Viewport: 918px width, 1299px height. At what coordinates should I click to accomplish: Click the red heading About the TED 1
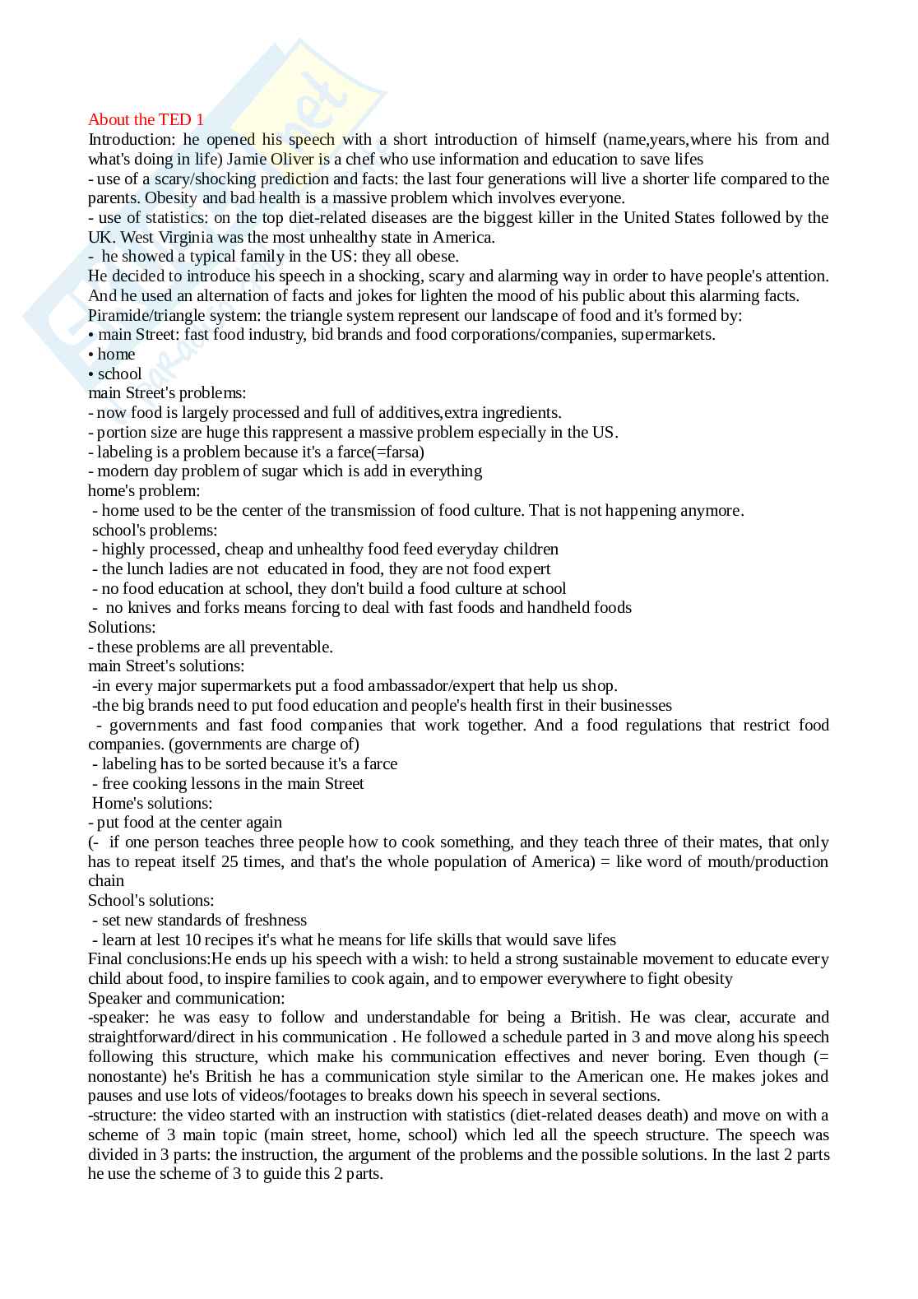(x=146, y=120)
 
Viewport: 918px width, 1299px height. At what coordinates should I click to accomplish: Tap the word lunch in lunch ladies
(x=146, y=569)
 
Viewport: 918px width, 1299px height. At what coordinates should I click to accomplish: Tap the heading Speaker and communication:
(x=186, y=999)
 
